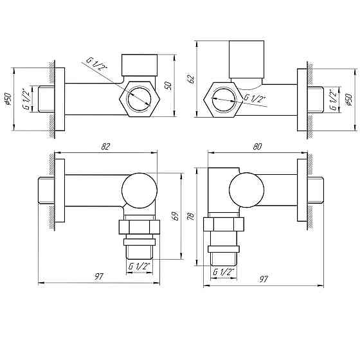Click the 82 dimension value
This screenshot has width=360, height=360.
click(x=105, y=147)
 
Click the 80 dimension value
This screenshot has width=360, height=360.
click(x=256, y=147)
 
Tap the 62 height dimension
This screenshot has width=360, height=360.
click(x=190, y=78)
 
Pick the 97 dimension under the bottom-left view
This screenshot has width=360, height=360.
click(x=98, y=276)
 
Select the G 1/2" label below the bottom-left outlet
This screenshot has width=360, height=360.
click(x=139, y=265)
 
